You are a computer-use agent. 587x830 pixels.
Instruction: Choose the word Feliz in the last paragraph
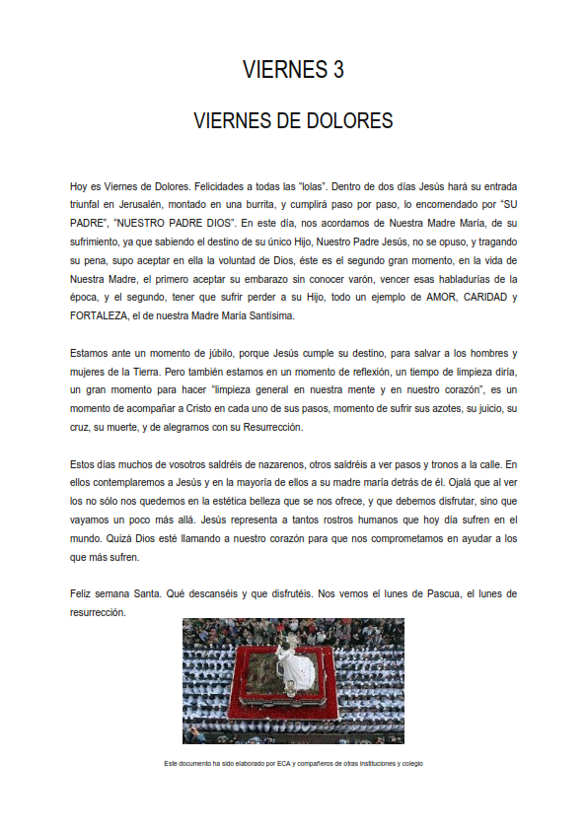tap(83, 594)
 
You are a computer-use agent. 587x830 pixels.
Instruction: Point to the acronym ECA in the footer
tap(283, 763)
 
